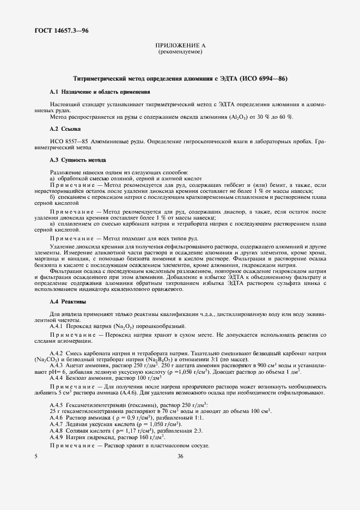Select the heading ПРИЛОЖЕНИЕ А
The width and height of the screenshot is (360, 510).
point(180,46)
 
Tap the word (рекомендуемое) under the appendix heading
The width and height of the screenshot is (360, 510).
point(180,52)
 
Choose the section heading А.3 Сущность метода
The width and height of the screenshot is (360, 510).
point(77,160)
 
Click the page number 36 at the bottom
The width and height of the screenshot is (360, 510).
point(180,457)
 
